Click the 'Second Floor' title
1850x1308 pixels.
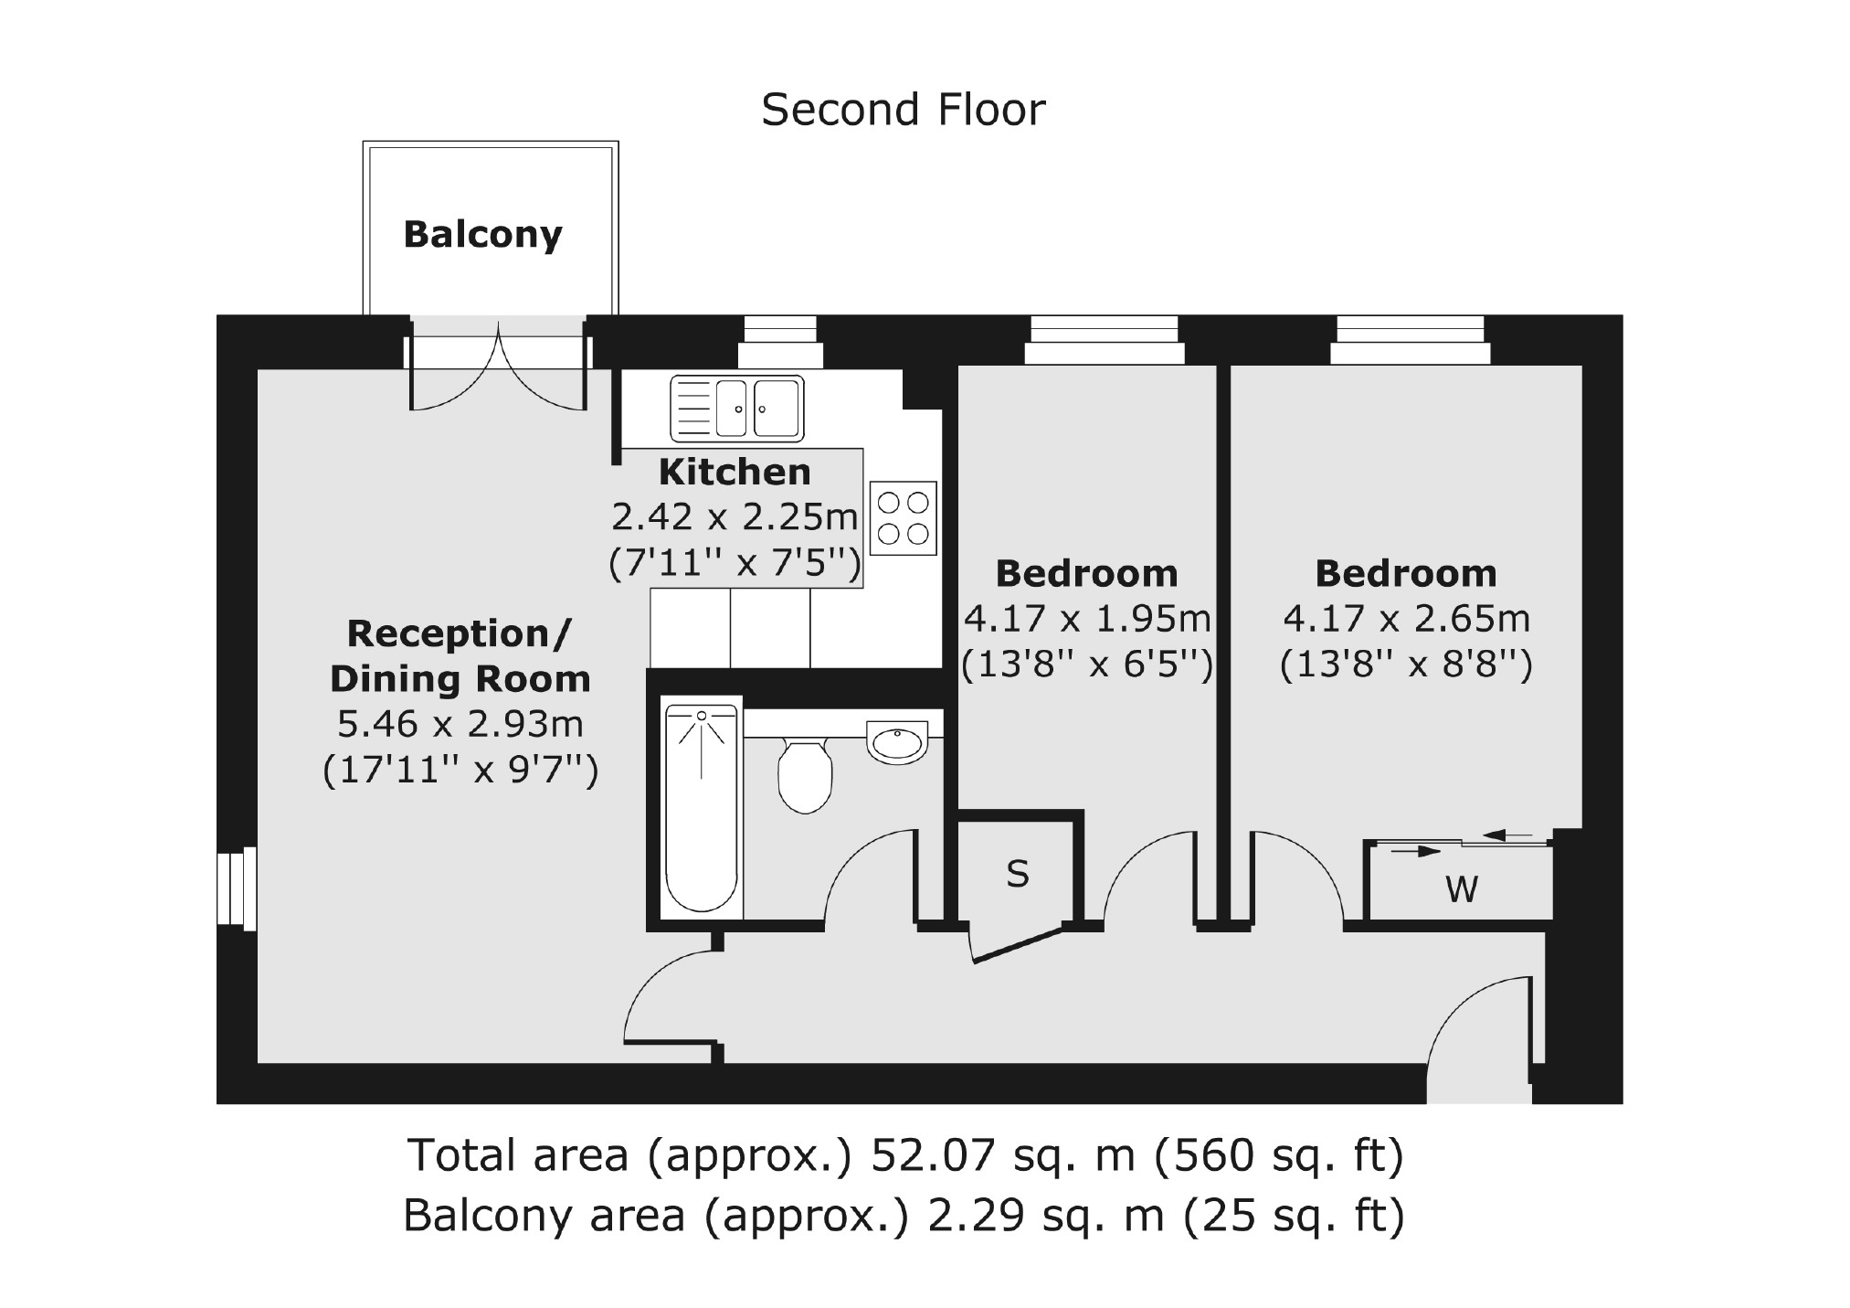click(x=903, y=110)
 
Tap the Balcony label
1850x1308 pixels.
click(x=482, y=234)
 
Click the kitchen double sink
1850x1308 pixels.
click(x=737, y=408)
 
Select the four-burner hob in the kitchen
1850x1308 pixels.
click(x=904, y=517)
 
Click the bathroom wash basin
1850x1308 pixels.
click(x=897, y=741)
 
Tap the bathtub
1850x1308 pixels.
click(x=702, y=809)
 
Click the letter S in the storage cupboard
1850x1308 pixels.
click(x=1018, y=874)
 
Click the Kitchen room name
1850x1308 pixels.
click(x=735, y=472)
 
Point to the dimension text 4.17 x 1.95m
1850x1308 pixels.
click(x=1087, y=619)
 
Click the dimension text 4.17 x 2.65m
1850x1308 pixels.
click(x=1406, y=619)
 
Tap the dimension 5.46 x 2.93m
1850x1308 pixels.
click(x=460, y=724)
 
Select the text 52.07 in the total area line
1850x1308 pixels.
click(x=932, y=1154)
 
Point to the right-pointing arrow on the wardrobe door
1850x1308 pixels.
click(x=1416, y=851)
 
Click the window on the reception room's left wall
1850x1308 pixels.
click(x=237, y=890)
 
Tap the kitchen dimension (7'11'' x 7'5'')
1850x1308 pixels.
click(x=735, y=563)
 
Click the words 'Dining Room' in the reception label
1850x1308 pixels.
click(x=460, y=679)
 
